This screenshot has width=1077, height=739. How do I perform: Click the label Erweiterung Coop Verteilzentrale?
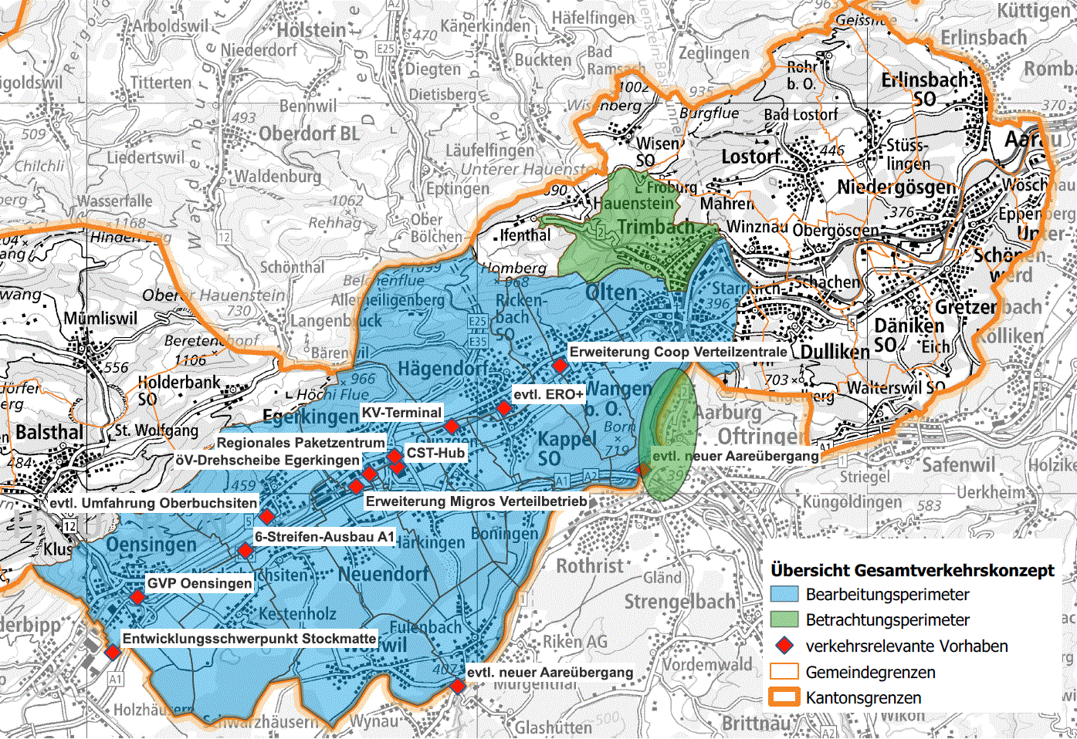click(678, 352)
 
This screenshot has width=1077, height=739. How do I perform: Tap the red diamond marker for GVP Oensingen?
click(137, 597)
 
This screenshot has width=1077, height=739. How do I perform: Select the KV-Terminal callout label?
click(401, 413)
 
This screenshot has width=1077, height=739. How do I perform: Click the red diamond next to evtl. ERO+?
click(504, 408)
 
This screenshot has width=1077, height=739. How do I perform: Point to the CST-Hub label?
click(435, 453)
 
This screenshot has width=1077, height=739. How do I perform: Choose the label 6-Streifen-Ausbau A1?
click(324, 537)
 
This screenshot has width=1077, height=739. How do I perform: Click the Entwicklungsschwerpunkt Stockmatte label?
click(249, 639)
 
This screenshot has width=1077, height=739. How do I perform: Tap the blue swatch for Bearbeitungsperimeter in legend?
click(784, 594)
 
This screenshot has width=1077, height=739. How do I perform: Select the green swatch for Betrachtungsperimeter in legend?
click(784, 619)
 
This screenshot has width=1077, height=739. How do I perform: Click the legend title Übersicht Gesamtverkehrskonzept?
click(912, 570)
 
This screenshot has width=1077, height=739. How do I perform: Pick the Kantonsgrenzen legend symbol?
click(784, 697)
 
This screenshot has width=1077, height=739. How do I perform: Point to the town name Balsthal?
click(49, 432)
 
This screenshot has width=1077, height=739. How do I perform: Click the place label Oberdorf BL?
click(309, 133)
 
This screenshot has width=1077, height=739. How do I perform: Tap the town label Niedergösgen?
click(896, 187)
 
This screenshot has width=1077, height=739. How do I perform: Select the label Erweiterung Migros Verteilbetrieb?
click(476, 501)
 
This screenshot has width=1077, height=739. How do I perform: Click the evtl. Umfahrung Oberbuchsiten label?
click(153, 503)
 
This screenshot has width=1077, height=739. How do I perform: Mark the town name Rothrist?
click(589, 566)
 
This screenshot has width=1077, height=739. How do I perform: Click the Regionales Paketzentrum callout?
click(300, 443)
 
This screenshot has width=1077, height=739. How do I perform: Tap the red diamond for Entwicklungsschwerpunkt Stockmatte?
click(113, 653)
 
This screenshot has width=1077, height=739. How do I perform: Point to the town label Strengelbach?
click(679, 601)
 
